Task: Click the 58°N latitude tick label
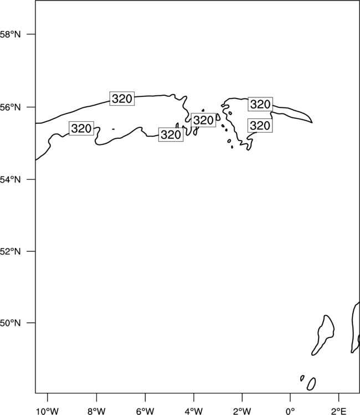tap(10, 34)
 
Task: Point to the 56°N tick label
tap(10, 107)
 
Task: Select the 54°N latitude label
tap(10, 180)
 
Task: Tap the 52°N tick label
tap(10, 251)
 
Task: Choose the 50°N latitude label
tap(10, 323)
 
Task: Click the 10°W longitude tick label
tap(47, 411)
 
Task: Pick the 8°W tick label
tap(96, 411)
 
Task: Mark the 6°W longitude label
tap(145, 411)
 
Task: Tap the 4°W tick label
tap(194, 411)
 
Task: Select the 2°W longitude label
tap(242, 411)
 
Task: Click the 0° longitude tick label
tap(290, 411)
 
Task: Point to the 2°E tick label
tap(338, 411)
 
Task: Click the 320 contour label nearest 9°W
tap(81, 128)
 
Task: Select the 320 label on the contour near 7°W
tap(122, 98)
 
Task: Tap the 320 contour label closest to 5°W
tap(171, 134)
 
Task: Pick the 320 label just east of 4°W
tap(203, 120)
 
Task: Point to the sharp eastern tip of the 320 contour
tap(312, 122)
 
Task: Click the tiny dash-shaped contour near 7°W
tap(114, 129)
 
